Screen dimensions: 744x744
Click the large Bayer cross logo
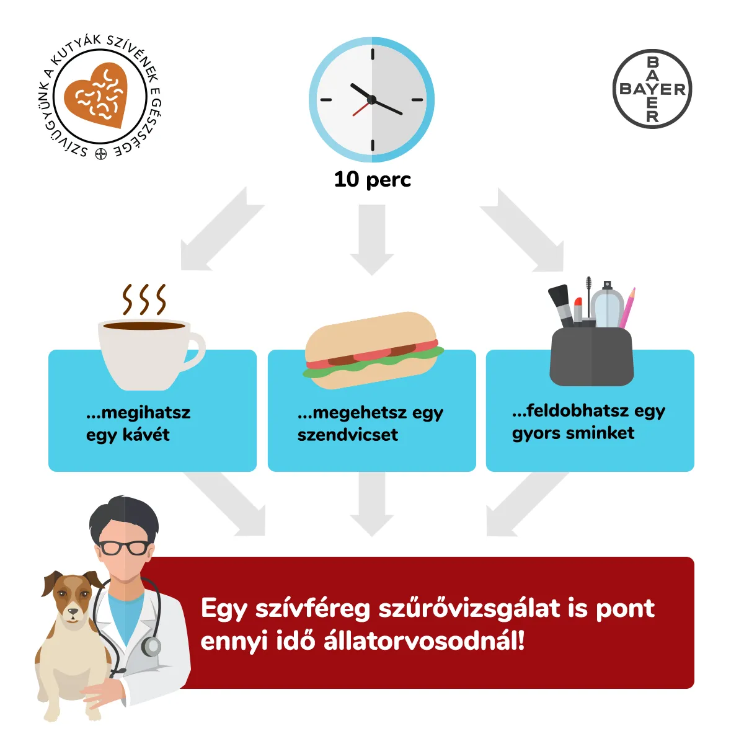[x=652, y=89]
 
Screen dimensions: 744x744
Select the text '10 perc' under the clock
[x=372, y=180]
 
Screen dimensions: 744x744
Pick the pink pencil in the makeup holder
[x=627, y=308]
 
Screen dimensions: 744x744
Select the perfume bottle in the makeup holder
[x=607, y=305]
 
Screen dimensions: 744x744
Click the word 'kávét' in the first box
[x=146, y=435]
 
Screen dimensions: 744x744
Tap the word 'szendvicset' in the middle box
[x=347, y=435]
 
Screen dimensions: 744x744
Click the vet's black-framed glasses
[x=123, y=547]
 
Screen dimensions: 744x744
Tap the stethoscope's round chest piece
[x=151, y=645]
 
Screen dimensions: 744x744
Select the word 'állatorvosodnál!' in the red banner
[x=424, y=641]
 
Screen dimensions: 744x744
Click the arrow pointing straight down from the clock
[x=372, y=240]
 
